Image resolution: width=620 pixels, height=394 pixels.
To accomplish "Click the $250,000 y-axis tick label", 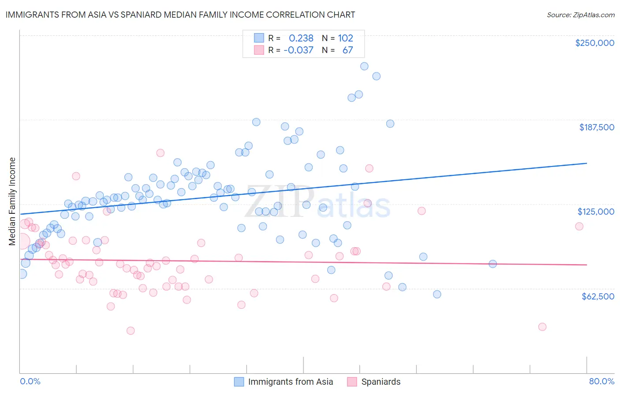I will tap(594, 43).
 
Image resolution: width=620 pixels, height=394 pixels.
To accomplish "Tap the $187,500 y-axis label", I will tap(597, 127).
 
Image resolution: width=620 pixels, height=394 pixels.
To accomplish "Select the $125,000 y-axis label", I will tap(596, 212).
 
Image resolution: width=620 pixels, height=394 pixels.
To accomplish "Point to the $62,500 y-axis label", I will tap(598, 296).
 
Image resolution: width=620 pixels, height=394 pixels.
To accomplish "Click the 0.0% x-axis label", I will tap(30, 381).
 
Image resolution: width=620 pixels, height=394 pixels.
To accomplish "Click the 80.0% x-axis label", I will tap(601, 381).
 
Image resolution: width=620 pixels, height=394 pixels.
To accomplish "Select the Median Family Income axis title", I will tap(12, 201).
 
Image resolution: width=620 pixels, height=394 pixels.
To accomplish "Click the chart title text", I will tap(180, 15).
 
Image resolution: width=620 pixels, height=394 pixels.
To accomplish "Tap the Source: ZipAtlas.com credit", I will tap(580, 15).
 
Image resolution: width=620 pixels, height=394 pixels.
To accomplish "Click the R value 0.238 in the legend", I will tap(301, 38).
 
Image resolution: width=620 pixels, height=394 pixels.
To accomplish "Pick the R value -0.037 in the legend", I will tap(299, 50).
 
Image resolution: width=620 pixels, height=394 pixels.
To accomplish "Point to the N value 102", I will tap(346, 38).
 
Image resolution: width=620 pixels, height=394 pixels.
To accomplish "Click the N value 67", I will tap(347, 50).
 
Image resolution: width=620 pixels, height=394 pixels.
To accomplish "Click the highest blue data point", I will tap(364, 66).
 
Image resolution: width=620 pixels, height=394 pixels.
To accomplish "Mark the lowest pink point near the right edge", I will tap(542, 327).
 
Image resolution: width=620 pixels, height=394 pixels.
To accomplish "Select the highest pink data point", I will tap(161, 153).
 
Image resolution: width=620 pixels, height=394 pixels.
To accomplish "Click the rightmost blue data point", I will tap(493, 264).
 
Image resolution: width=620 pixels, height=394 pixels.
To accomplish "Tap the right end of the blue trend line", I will tap(586, 163).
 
